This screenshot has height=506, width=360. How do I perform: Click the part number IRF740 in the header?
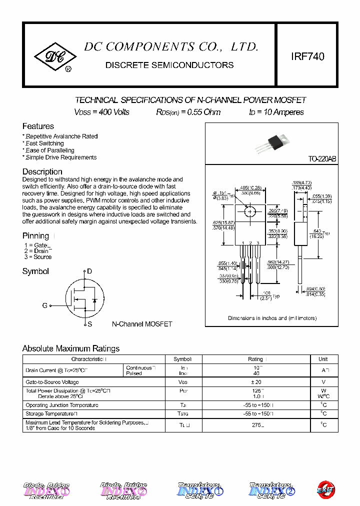[x=307, y=56]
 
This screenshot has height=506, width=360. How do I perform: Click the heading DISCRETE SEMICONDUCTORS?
[x=169, y=65]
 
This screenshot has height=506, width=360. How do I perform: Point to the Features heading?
[x=38, y=126]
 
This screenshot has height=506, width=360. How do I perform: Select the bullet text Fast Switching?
[x=45, y=143]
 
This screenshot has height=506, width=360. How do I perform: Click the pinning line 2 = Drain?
[x=37, y=251]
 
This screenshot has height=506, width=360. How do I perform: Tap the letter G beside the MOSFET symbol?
[x=45, y=305]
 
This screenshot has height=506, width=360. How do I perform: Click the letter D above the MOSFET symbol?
[x=89, y=271]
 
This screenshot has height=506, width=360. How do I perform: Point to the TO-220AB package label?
[x=322, y=159]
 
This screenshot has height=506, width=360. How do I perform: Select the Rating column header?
[x=256, y=359]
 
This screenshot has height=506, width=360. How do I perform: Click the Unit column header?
[x=323, y=359]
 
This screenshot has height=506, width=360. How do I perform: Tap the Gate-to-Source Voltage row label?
[x=52, y=382]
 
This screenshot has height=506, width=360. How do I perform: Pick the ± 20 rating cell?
[x=255, y=382]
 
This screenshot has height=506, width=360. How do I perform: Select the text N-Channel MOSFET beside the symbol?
[x=141, y=324]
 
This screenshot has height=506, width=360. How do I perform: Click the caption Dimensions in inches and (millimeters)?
[x=272, y=318]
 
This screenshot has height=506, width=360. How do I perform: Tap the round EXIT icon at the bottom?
[x=326, y=488]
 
